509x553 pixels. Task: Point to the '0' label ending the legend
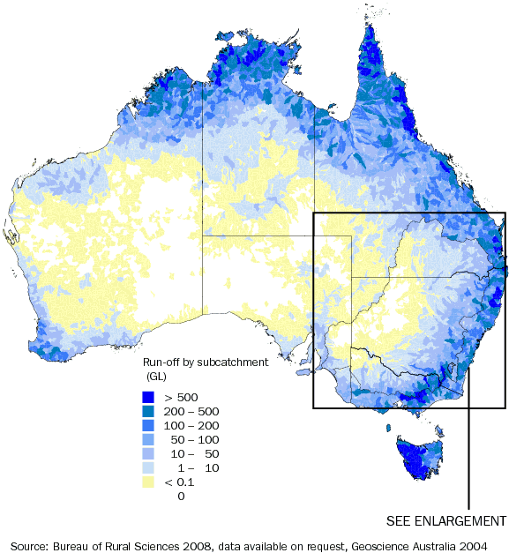click(181, 497)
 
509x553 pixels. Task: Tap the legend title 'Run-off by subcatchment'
click(202, 362)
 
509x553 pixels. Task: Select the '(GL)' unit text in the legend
click(158, 376)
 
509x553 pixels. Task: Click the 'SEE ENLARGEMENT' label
click(446, 519)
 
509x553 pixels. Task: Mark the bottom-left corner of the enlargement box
click(314, 407)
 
